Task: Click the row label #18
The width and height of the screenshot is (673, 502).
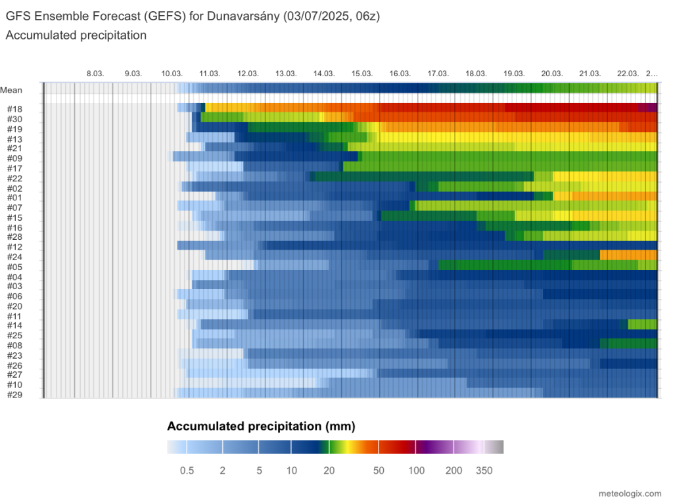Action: coord(14,109)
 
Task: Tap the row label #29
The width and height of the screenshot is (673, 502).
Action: coord(14,394)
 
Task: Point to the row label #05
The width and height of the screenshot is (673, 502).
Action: coord(14,267)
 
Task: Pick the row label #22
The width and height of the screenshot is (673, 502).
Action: coord(14,178)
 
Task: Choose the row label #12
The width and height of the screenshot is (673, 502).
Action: coord(14,246)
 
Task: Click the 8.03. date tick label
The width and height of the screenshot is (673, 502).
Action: coord(95,74)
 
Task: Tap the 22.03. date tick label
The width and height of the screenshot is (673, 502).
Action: coord(628,74)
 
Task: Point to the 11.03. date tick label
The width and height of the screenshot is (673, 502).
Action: coord(210,74)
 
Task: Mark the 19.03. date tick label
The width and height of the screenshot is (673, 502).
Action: coord(514,74)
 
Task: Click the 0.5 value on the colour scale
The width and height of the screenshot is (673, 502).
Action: coord(187,470)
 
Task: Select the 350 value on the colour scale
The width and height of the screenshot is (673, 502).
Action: coord(484,470)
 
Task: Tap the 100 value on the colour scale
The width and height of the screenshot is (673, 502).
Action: coord(416,470)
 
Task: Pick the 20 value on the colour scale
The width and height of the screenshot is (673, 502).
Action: coord(329,470)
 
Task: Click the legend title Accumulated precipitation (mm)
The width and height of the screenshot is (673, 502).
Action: coord(261,426)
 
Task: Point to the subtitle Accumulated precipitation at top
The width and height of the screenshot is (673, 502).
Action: coord(76,35)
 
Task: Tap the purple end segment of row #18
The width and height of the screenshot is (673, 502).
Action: coord(648,108)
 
